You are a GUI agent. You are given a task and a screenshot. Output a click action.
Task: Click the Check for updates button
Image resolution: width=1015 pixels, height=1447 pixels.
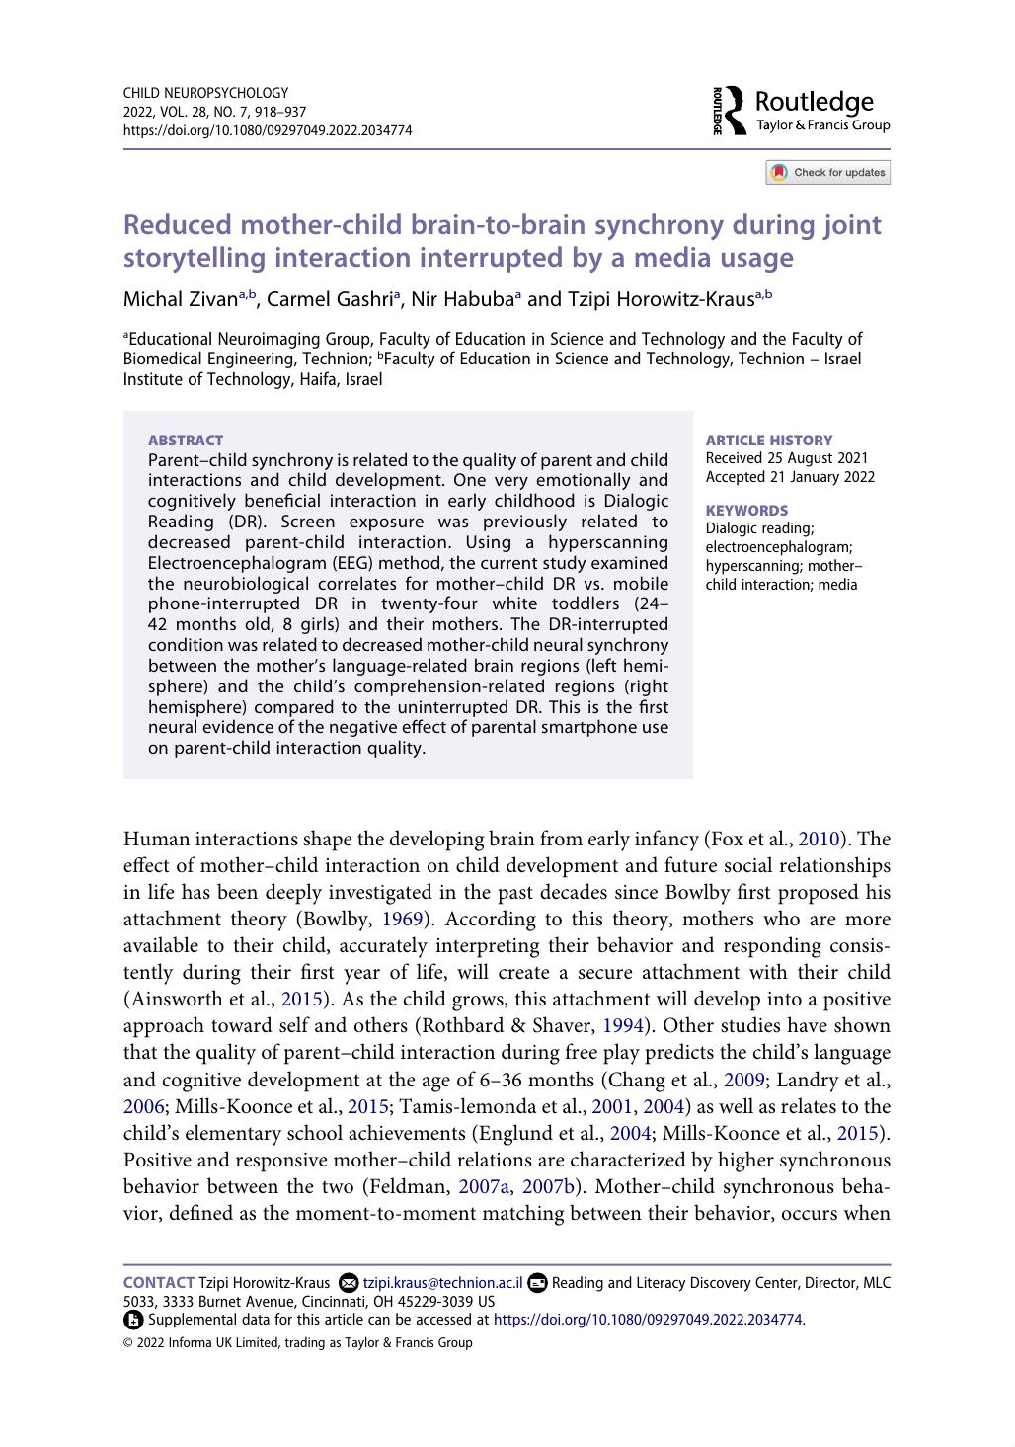point(827,173)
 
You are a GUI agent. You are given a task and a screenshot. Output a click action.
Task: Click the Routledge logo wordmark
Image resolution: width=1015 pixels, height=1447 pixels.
point(814,103)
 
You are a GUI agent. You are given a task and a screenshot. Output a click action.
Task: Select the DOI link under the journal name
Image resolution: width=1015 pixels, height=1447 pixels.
point(268,130)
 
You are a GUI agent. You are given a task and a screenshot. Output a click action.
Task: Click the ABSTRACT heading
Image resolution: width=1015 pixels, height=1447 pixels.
point(186,441)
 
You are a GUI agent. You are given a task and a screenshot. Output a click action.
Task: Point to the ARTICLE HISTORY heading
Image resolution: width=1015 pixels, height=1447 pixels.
point(769,441)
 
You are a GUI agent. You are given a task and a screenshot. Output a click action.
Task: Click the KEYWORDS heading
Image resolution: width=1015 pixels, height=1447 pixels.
point(746,511)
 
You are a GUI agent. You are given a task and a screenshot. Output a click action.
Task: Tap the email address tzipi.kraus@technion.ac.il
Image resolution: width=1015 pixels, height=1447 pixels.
point(442,1283)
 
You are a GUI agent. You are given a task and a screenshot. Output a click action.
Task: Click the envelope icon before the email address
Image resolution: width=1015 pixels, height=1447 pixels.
point(348,1283)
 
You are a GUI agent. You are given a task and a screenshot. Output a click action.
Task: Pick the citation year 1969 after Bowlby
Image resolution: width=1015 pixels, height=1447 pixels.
point(402,920)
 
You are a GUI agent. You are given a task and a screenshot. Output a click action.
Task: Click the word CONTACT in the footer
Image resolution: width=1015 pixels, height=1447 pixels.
point(158,1283)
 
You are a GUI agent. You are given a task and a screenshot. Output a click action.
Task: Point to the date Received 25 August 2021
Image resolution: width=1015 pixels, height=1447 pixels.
point(787,458)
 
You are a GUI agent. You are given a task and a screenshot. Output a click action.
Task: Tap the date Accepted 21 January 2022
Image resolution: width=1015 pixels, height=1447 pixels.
point(790,477)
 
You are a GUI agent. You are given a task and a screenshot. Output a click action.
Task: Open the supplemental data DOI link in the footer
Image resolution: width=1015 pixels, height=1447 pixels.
point(648,1320)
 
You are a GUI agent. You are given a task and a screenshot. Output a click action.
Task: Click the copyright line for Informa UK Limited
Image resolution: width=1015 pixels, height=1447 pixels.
point(298,1343)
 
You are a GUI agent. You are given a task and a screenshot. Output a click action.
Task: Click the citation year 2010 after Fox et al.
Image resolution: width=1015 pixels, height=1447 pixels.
point(819,840)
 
